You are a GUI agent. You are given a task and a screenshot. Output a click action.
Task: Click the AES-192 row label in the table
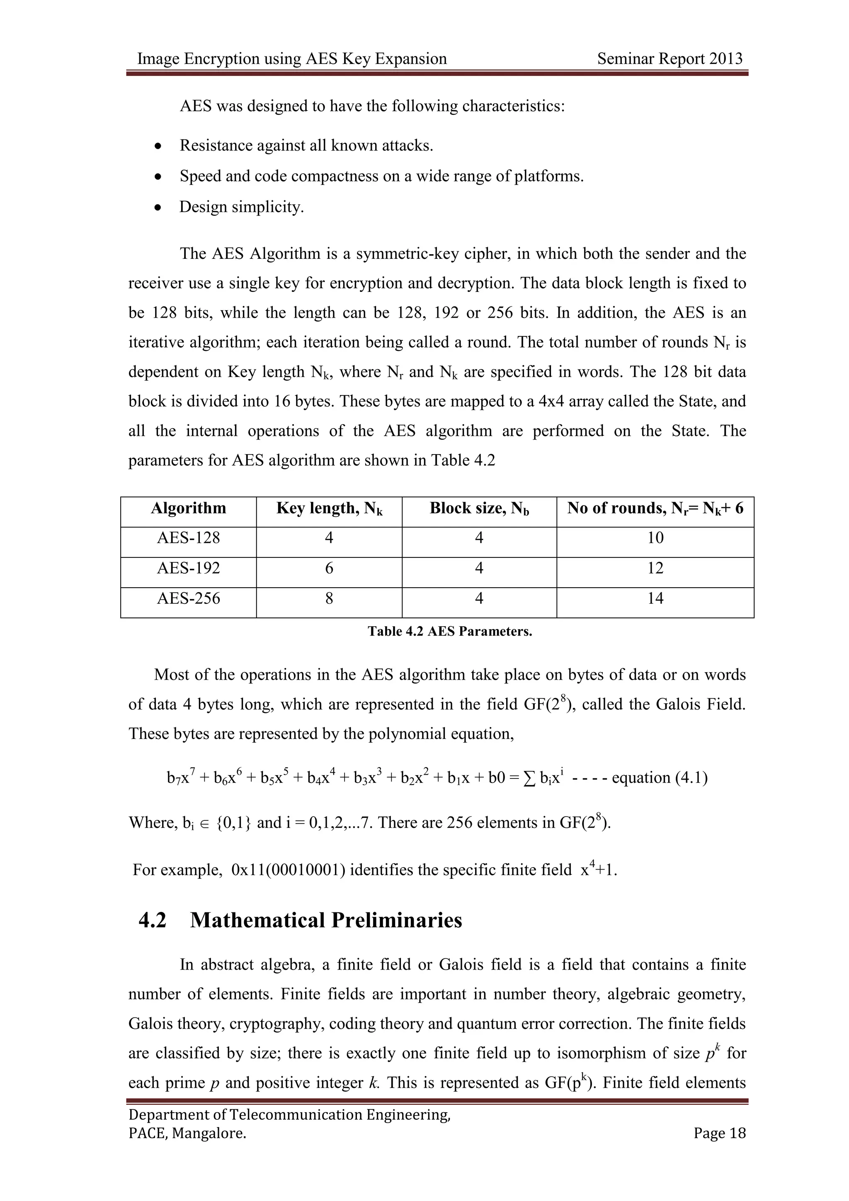tap(188, 568)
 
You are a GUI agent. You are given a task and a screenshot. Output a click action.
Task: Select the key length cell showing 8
tap(329, 598)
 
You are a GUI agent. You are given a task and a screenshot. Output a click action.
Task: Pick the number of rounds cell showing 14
tap(655, 598)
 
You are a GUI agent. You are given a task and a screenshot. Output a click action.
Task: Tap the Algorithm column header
tap(188, 508)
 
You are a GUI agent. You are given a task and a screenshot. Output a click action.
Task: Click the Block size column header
tap(479, 508)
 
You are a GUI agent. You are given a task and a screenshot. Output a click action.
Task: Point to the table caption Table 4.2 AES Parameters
tap(450, 631)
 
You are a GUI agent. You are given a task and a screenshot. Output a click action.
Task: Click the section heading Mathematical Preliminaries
tap(326, 920)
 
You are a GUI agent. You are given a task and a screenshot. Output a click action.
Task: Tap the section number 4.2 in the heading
tap(152, 920)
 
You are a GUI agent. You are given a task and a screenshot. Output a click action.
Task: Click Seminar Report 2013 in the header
tap(669, 58)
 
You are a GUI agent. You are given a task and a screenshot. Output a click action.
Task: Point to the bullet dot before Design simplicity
tap(158, 208)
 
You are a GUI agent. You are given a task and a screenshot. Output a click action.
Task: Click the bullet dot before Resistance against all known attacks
tap(158, 146)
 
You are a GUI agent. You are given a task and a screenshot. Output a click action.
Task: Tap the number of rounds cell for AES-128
tap(655, 538)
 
